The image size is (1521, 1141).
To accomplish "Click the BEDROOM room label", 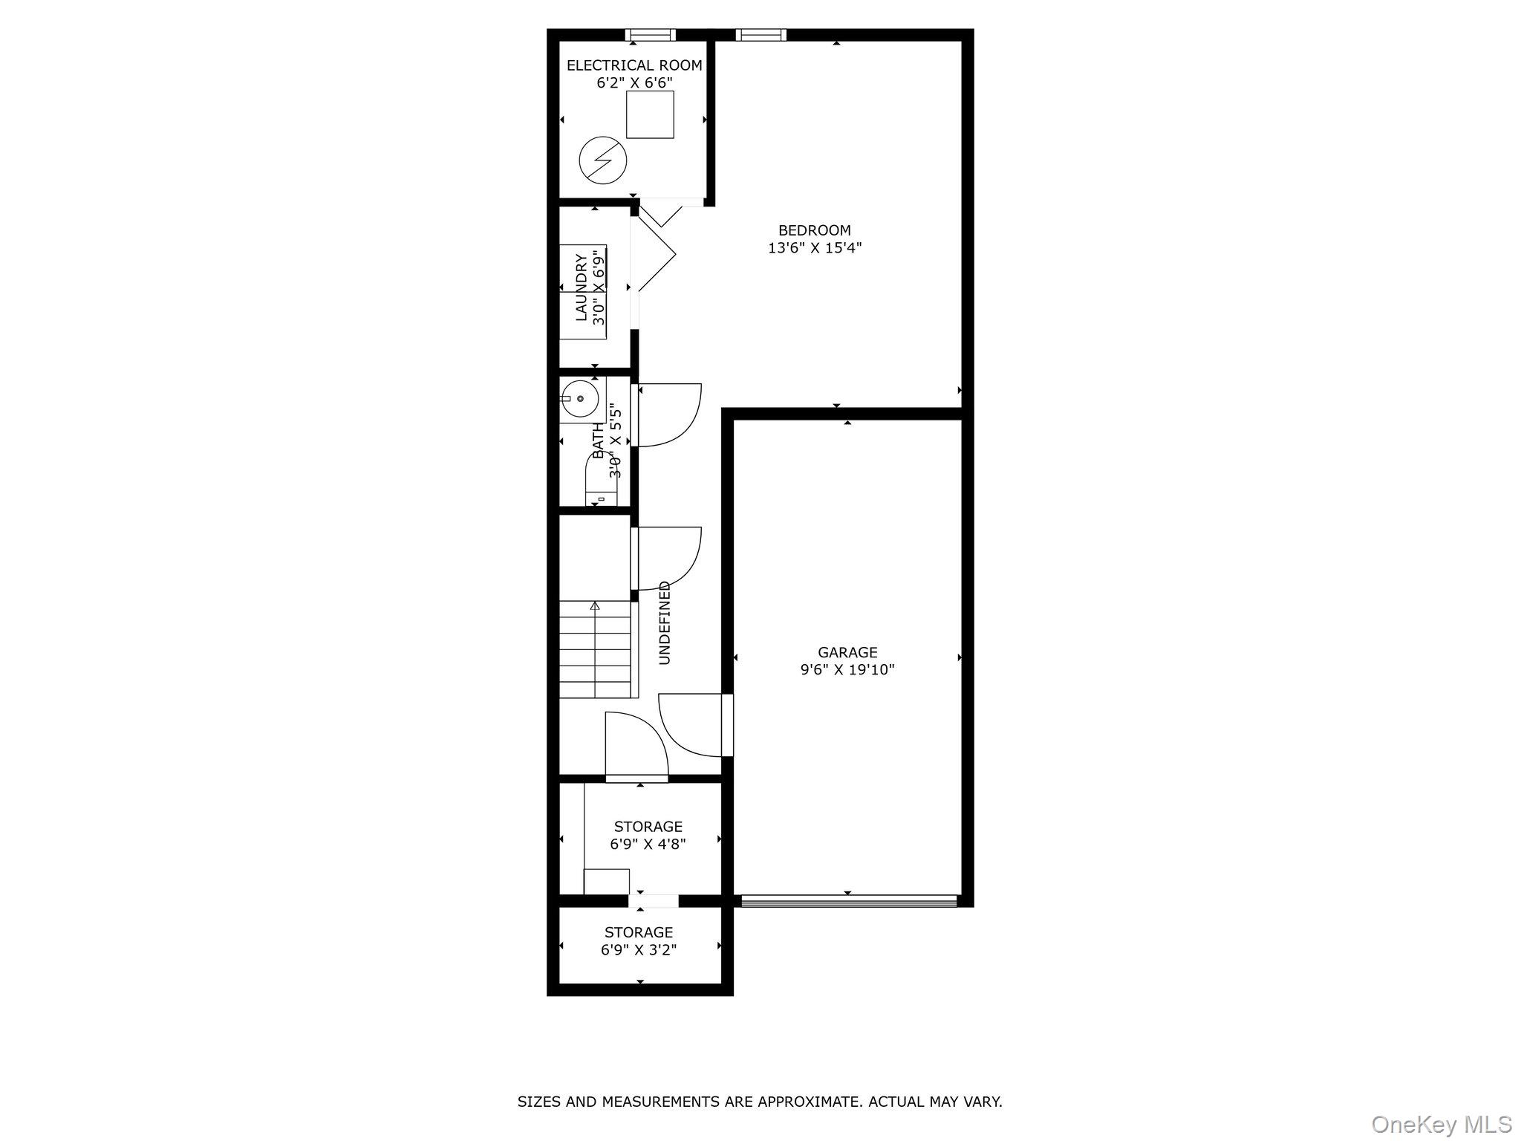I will pyautogui.click(x=814, y=230).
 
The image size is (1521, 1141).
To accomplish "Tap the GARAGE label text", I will pyautogui.click(x=847, y=652).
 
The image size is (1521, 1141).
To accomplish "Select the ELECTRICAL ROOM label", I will pyautogui.click(x=634, y=65).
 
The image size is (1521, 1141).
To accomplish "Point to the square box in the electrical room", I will pyautogui.click(x=650, y=114).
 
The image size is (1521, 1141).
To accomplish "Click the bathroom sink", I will pyautogui.click(x=579, y=399).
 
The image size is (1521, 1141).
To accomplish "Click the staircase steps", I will pyautogui.click(x=595, y=650).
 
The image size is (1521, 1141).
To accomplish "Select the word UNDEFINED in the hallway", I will pyautogui.click(x=665, y=622).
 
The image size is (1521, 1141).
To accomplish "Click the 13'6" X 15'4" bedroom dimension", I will pyautogui.click(x=814, y=248).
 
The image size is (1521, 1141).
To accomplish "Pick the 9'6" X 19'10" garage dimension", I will pyautogui.click(x=847, y=670).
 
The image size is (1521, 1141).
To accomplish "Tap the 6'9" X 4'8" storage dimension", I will pyautogui.click(x=648, y=844).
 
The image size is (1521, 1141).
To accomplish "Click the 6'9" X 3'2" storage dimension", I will pyautogui.click(x=639, y=949).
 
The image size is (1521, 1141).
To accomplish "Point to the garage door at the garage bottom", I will pyautogui.click(x=849, y=901).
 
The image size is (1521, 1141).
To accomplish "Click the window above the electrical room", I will pyautogui.click(x=650, y=34).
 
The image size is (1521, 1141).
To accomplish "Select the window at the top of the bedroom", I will pyautogui.click(x=761, y=34).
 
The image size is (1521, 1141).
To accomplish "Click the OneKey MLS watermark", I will pyautogui.click(x=1441, y=1124).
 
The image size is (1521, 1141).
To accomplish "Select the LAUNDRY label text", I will pyautogui.click(x=582, y=288).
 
